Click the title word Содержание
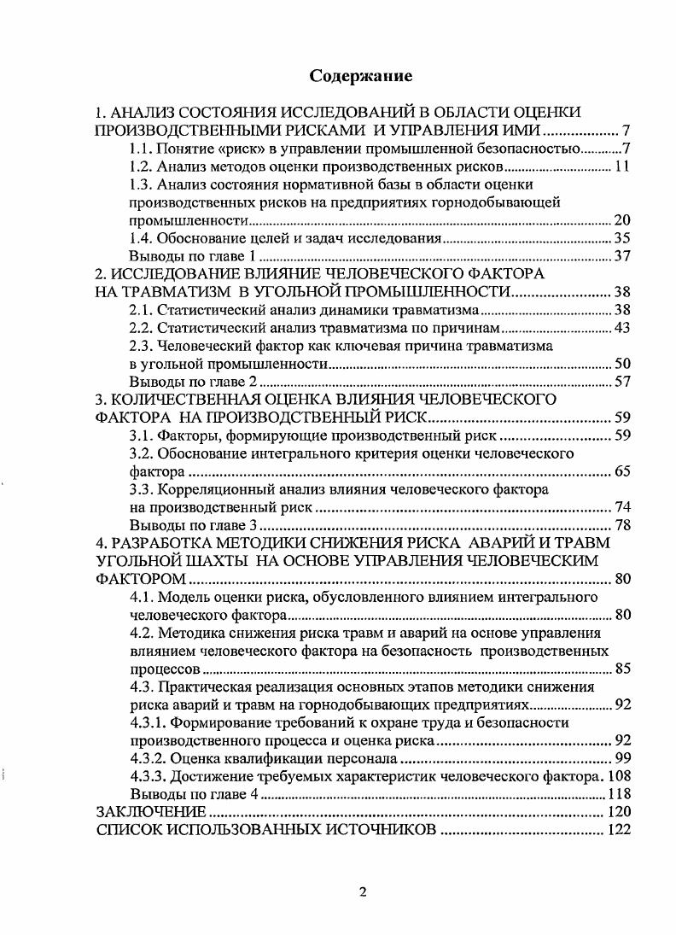[x=361, y=76]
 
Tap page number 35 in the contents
[x=621, y=238]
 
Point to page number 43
[x=621, y=328]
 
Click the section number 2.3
[x=139, y=346]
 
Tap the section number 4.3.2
[x=148, y=757]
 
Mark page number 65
[x=621, y=471]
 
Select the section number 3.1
[x=139, y=435]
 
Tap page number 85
[x=621, y=669]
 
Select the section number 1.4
[x=139, y=238]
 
